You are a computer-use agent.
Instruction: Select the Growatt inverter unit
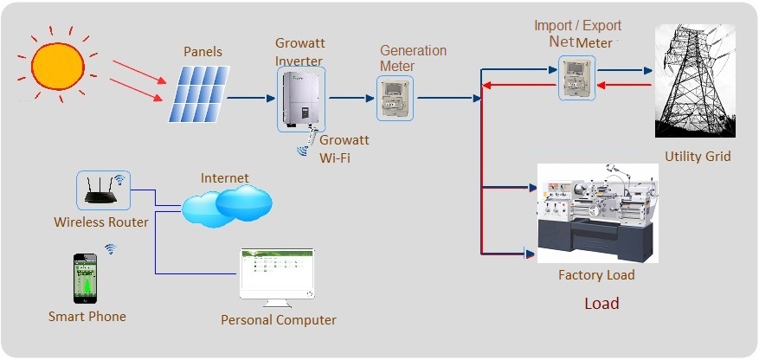[x=300, y=100]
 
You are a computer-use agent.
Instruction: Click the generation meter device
[x=395, y=98]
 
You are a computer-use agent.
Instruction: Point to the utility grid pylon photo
[x=698, y=81]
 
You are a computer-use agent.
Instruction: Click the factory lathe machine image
[x=597, y=212]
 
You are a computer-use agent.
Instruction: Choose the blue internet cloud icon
[x=227, y=205]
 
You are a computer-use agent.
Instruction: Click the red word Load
[x=601, y=304]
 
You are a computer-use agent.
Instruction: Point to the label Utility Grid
[x=698, y=157]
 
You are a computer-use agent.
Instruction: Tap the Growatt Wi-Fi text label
[x=344, y=149]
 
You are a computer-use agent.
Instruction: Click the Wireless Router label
[x=101, y=222]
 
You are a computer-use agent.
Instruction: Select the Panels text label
[x=203, y=52]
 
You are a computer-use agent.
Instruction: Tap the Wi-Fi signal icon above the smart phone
[x=111, y=249]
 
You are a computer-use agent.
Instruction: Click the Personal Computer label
[x=278, y=320]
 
